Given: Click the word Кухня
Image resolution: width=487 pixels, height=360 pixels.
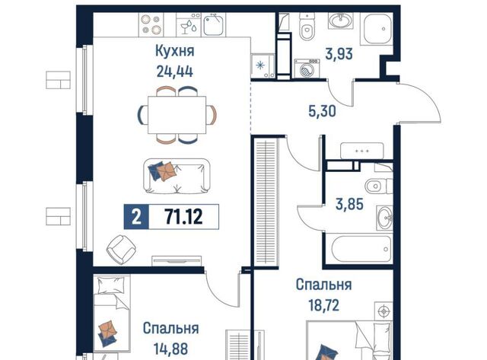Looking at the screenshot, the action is click(174, 51).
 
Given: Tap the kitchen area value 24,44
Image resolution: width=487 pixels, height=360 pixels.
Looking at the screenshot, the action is click(174, 72).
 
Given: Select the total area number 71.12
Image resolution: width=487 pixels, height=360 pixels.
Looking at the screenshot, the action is click(183, 216).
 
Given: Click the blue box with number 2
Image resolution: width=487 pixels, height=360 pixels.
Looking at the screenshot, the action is click(136, 217).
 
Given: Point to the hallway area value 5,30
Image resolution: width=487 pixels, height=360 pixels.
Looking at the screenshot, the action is click(322, 111).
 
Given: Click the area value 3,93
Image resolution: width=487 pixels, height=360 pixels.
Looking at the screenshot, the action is click(339, 54).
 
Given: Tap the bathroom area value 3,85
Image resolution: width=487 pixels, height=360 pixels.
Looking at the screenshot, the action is click(349, 205).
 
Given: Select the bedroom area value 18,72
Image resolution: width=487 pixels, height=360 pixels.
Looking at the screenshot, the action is click(323, 306).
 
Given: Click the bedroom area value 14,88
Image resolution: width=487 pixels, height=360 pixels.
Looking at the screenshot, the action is click(170, 349).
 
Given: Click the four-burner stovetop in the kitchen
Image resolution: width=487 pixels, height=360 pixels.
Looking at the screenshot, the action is click(151, 24).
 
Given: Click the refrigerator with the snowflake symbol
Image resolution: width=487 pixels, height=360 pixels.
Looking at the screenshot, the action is click(263, 66).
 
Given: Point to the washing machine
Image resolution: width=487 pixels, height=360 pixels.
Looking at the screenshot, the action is click(307, 68).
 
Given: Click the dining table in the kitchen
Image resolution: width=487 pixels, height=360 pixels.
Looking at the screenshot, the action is click(177, 115).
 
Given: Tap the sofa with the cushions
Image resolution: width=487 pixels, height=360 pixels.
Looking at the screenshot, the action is click(177, 177).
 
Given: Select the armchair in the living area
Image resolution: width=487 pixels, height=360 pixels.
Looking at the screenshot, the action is click(121, 250).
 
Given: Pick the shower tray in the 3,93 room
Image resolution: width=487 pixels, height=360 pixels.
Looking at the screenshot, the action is click(377, 29).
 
